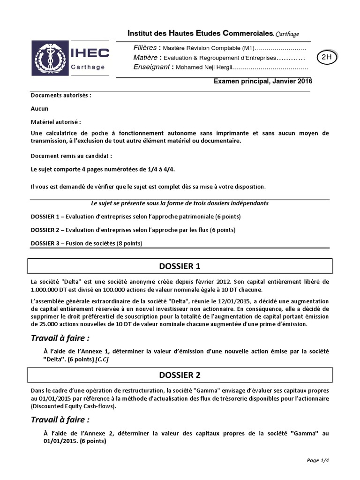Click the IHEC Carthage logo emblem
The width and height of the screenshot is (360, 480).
tap(47, 58)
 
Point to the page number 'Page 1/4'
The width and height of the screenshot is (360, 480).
tap(319, 460)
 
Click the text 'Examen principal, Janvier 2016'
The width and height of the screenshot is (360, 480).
tap(262, 81)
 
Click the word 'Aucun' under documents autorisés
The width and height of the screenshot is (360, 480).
tap(39, 108)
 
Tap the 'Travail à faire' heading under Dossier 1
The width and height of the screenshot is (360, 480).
tap(60, 338)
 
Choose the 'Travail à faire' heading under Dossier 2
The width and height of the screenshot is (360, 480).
tap(60, 419)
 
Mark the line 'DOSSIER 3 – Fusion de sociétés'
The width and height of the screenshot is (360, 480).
tap(86, 243)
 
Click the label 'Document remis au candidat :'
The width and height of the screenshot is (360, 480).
tap(71, 155)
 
